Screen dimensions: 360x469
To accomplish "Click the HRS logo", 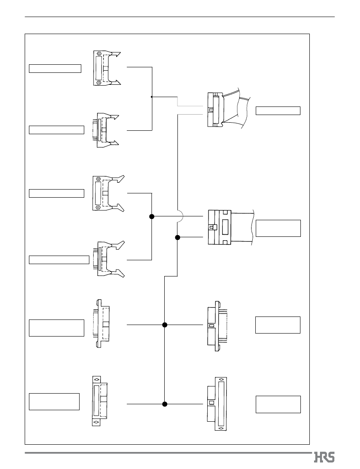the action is pyautogui.click(x=324, y=457).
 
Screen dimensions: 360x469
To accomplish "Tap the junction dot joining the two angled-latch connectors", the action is pyautogui.click(x=152, y=216).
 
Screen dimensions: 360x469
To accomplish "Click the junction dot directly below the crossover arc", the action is pyautogui.click(x=177, y=238).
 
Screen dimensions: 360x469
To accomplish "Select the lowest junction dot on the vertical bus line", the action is pyautogui.click(x=165, y=404).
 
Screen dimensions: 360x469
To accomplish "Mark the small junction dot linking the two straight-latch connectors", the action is pyautogui.click(x=152, y=97).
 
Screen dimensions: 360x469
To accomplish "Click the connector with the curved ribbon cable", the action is pyautogui.click(x=228, y=108).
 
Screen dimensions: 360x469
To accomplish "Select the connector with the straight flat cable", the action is pyautogui.click(x=231, y=227).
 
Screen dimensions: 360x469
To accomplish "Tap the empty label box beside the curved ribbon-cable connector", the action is pyautogui.click(x=278, y=111).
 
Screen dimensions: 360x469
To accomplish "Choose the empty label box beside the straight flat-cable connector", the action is pyautogui.click(x=278, y=228).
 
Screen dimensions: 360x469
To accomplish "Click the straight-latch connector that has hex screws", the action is pyautogui.click(x=107, y=68).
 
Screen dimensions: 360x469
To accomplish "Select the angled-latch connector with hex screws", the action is pyautogui.click(x=109, y=194).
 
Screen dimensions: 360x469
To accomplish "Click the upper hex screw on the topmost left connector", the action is pyautogui.click(x=99, y=54).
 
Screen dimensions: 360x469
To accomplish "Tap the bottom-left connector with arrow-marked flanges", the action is pyautogui.click(x=100, y=401).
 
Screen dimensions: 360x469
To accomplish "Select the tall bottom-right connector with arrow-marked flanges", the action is pyautogui.click(x=217, y=404).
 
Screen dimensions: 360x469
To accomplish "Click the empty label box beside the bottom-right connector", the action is pyautogui.click(x=278, y=404).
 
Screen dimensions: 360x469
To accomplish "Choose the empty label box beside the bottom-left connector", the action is pyautogui.click(x=54, y=402).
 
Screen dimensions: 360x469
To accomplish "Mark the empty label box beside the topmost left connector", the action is pyautogui.click(x=55, y=69).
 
